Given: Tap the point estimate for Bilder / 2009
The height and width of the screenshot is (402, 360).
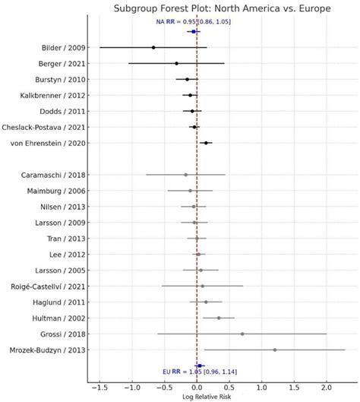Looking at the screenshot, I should (x=153, y=47).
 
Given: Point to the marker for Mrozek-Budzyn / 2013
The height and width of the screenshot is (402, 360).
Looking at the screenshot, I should (x=274, y=350).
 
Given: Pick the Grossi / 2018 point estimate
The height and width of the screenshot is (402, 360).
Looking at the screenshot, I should (x=242, y=334).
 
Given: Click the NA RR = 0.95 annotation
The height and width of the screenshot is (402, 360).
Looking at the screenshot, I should (x=194, y=22).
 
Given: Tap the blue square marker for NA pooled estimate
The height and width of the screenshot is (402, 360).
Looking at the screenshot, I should (x=194, y=31).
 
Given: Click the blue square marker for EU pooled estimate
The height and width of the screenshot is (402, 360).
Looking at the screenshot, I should (x=200, y=365).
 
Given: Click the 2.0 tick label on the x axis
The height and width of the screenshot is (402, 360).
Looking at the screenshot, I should (x=327, y=387).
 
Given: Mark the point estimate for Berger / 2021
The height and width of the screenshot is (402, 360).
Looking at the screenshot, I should (x=176, y=63).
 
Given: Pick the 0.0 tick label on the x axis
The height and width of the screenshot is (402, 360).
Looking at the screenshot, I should (x=197, y=387).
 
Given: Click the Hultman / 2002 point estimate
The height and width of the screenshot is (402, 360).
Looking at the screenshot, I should (x=219, y=318).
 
